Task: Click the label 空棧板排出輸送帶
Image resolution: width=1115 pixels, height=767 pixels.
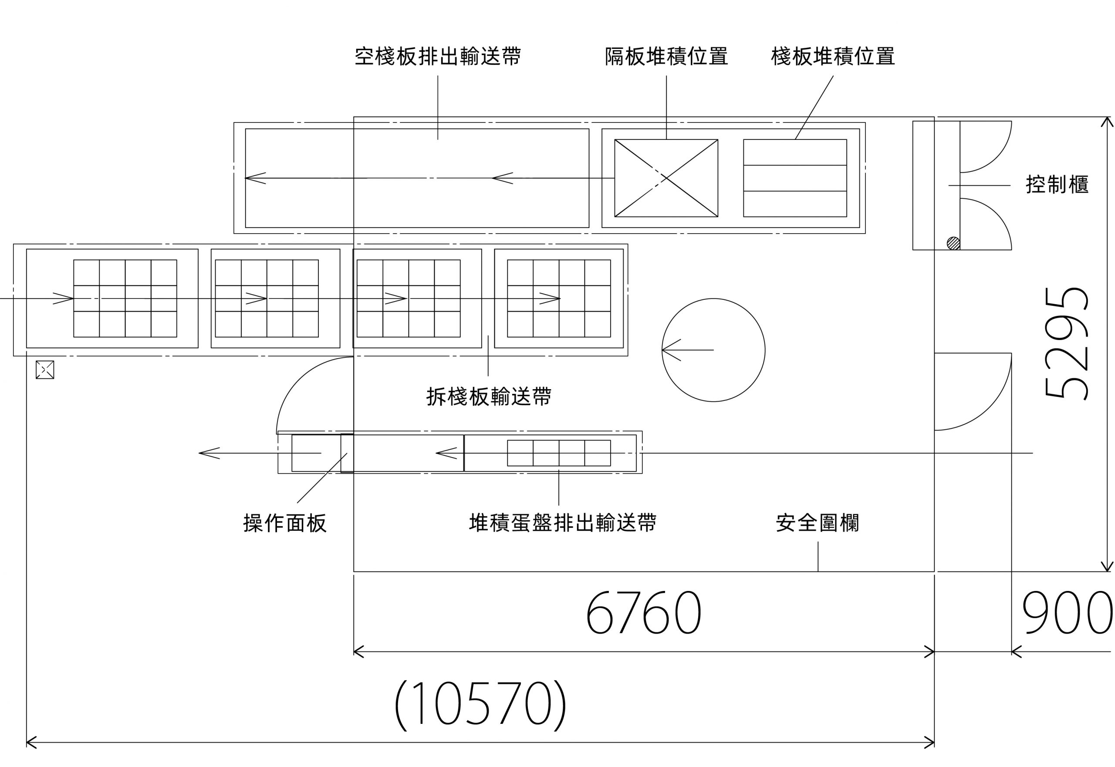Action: pos(437,56)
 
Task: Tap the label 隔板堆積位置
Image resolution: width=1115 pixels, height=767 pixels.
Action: pos(666,56)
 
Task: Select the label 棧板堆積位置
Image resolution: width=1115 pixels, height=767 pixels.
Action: pos(833,56)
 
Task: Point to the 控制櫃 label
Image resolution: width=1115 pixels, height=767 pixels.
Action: pos(1057,184)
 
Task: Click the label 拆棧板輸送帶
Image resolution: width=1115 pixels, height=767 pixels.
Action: pos(489,397)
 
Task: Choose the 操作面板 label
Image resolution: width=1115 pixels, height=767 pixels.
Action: pos(285,523)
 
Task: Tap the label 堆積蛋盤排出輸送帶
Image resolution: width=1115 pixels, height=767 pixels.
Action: pos(563,523)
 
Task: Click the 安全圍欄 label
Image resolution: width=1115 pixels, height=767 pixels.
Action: pos(817,523)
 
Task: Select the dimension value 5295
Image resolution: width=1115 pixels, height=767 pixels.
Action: pos(1066,343)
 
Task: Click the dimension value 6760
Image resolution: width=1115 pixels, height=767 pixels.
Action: pos(643,613)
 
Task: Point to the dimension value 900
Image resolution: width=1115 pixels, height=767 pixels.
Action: pos(1067,613)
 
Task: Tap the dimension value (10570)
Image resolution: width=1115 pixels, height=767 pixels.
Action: pos(480,705)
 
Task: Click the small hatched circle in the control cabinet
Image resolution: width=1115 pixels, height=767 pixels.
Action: pos(954,243)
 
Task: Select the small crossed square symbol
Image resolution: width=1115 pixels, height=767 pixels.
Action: pos(45,370)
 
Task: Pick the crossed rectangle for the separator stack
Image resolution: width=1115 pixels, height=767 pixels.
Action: pos(666,178)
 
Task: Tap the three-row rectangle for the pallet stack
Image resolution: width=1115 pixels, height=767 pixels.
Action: pos(795,178)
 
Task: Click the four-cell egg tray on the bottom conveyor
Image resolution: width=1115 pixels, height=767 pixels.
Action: pos(559,453)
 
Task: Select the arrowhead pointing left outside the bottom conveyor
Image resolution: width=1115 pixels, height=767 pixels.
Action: pos(209,453)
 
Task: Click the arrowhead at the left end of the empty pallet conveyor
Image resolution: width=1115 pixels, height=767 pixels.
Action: pos(256,178)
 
